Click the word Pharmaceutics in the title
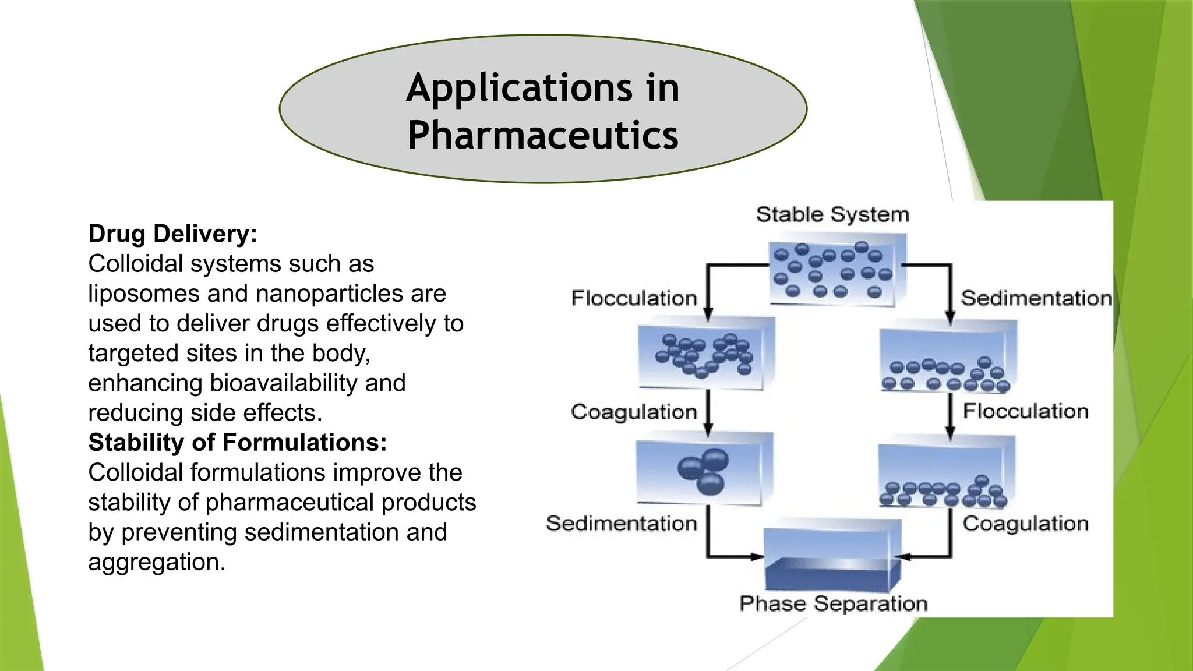543,135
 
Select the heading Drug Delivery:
172,234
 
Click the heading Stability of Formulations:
237,443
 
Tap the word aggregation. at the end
156,562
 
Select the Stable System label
832,214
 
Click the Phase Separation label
833,603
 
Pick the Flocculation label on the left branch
634,298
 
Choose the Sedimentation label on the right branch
1036,298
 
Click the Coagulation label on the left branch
634,412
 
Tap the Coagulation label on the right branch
1025,524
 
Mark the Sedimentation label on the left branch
621,524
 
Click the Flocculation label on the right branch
1025,411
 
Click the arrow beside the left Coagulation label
708,412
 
